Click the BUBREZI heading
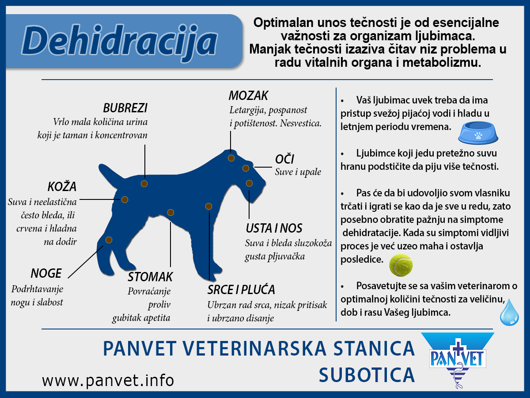tap(125, 108)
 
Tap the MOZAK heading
tap(248, 95)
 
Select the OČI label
tap(284, 159)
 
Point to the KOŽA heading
tap(62, 186)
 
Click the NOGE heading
tap(46, 273)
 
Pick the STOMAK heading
tap(150, 277)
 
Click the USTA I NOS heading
tap(274, 228)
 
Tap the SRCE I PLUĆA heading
tap(241, 290)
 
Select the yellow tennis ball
tap(401, 264)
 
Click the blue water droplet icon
tap(509, 312)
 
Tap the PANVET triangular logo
tap(457, 358)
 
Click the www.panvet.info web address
tap(108, 380)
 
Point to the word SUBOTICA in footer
tap(367, 375)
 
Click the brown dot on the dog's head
tap(231, 158)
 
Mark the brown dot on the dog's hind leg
tap(109, 240)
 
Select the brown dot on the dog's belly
tap(170, 212)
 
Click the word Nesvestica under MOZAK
tap(300, 123)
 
